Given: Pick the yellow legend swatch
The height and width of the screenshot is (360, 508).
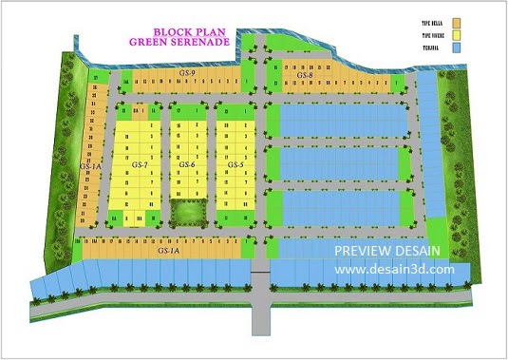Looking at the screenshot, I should [457, 34].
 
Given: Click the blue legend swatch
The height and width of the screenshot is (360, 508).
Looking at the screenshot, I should [457, 47].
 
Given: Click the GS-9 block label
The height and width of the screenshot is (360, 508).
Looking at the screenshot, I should [187, 73].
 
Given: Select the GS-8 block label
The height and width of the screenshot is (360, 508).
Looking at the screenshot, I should [305, 75].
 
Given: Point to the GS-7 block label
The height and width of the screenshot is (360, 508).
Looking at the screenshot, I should [140, 165].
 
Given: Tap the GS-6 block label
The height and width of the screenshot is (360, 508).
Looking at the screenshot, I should [187, 165].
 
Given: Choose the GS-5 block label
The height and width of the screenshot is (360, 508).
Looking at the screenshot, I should [235, 165].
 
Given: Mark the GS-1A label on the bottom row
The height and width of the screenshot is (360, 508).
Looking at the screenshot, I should [169, 252].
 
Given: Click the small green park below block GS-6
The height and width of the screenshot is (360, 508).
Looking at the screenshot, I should [187, 214].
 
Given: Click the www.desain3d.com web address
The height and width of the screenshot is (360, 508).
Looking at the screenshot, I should [394, 269].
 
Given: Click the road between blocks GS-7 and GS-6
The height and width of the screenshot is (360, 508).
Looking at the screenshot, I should [163, 161].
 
